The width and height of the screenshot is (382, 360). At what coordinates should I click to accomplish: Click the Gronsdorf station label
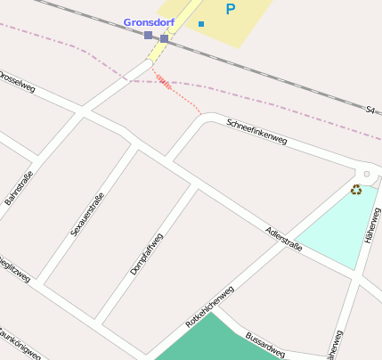[x=149, y=21]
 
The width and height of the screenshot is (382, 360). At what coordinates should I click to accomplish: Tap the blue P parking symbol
[x=231, y=10]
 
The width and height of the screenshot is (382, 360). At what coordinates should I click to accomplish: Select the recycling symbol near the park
[x=356, y=189]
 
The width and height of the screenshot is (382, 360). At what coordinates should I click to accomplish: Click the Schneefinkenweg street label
[x=256, y=131]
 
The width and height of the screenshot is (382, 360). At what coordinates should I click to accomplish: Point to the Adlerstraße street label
[x=284, y=239]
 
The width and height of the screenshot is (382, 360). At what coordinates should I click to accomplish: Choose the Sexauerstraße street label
[x=87, y=215]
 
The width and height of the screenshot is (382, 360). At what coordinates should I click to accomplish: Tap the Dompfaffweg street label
[x=147, y=252]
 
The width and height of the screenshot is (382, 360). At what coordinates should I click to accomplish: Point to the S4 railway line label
[x=370, y=110]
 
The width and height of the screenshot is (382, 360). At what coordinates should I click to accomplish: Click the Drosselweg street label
[x=16, y=81]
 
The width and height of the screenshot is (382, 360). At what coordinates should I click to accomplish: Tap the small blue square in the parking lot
[x=201, y=24]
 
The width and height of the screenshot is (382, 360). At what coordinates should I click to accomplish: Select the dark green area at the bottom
[x=209, y=342]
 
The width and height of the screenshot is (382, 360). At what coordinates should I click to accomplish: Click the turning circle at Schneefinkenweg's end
[x=366, y=175]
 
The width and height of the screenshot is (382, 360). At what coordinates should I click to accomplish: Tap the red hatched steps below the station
[x=163, y=82]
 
